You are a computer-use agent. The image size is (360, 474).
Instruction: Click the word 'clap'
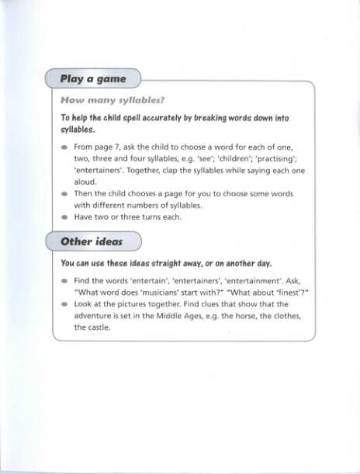point(186,170)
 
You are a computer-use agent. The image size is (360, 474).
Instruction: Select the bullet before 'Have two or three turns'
point(64,217)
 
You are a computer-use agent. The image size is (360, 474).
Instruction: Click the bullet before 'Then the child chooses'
point(64,194)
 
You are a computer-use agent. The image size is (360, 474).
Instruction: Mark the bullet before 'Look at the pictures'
point(64,304)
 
